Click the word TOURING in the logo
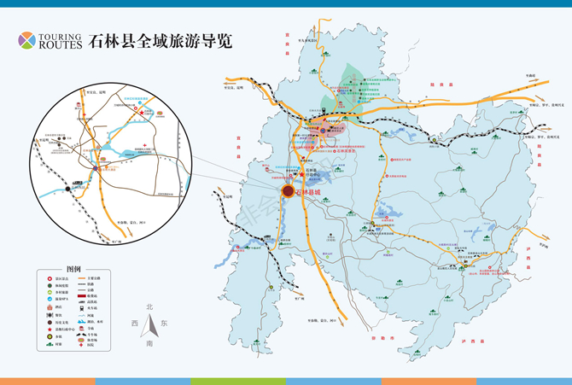pos(60,37)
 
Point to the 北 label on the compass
pos(149,307)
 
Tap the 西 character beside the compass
pos(134,324)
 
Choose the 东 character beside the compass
pos(165,324)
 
